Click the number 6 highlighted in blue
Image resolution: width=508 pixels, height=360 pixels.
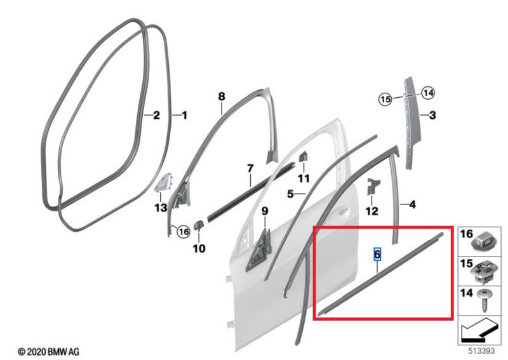point(377,254)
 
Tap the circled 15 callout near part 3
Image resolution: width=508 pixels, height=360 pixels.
point(385,99)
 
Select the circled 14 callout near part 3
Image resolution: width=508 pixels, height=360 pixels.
point(428,93)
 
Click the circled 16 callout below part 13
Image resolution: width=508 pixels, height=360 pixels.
point(184,232)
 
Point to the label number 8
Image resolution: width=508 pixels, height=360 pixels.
point(221,97)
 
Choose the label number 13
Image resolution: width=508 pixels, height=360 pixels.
point(161,208)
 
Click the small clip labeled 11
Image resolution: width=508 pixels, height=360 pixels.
point(303,156)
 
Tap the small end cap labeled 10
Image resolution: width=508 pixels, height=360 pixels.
point(198,225)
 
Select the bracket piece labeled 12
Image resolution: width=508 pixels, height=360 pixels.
point(373,187)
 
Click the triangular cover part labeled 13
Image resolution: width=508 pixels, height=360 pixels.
point(164,183)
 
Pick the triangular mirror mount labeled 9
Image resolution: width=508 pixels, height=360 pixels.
point(259,250)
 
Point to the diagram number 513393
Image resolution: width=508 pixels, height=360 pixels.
point(481,351)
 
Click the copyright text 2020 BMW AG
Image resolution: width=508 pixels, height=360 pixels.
point(48,352)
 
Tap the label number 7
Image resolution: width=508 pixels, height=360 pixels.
point(250,168)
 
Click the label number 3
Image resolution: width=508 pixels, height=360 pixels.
point(432,115)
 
